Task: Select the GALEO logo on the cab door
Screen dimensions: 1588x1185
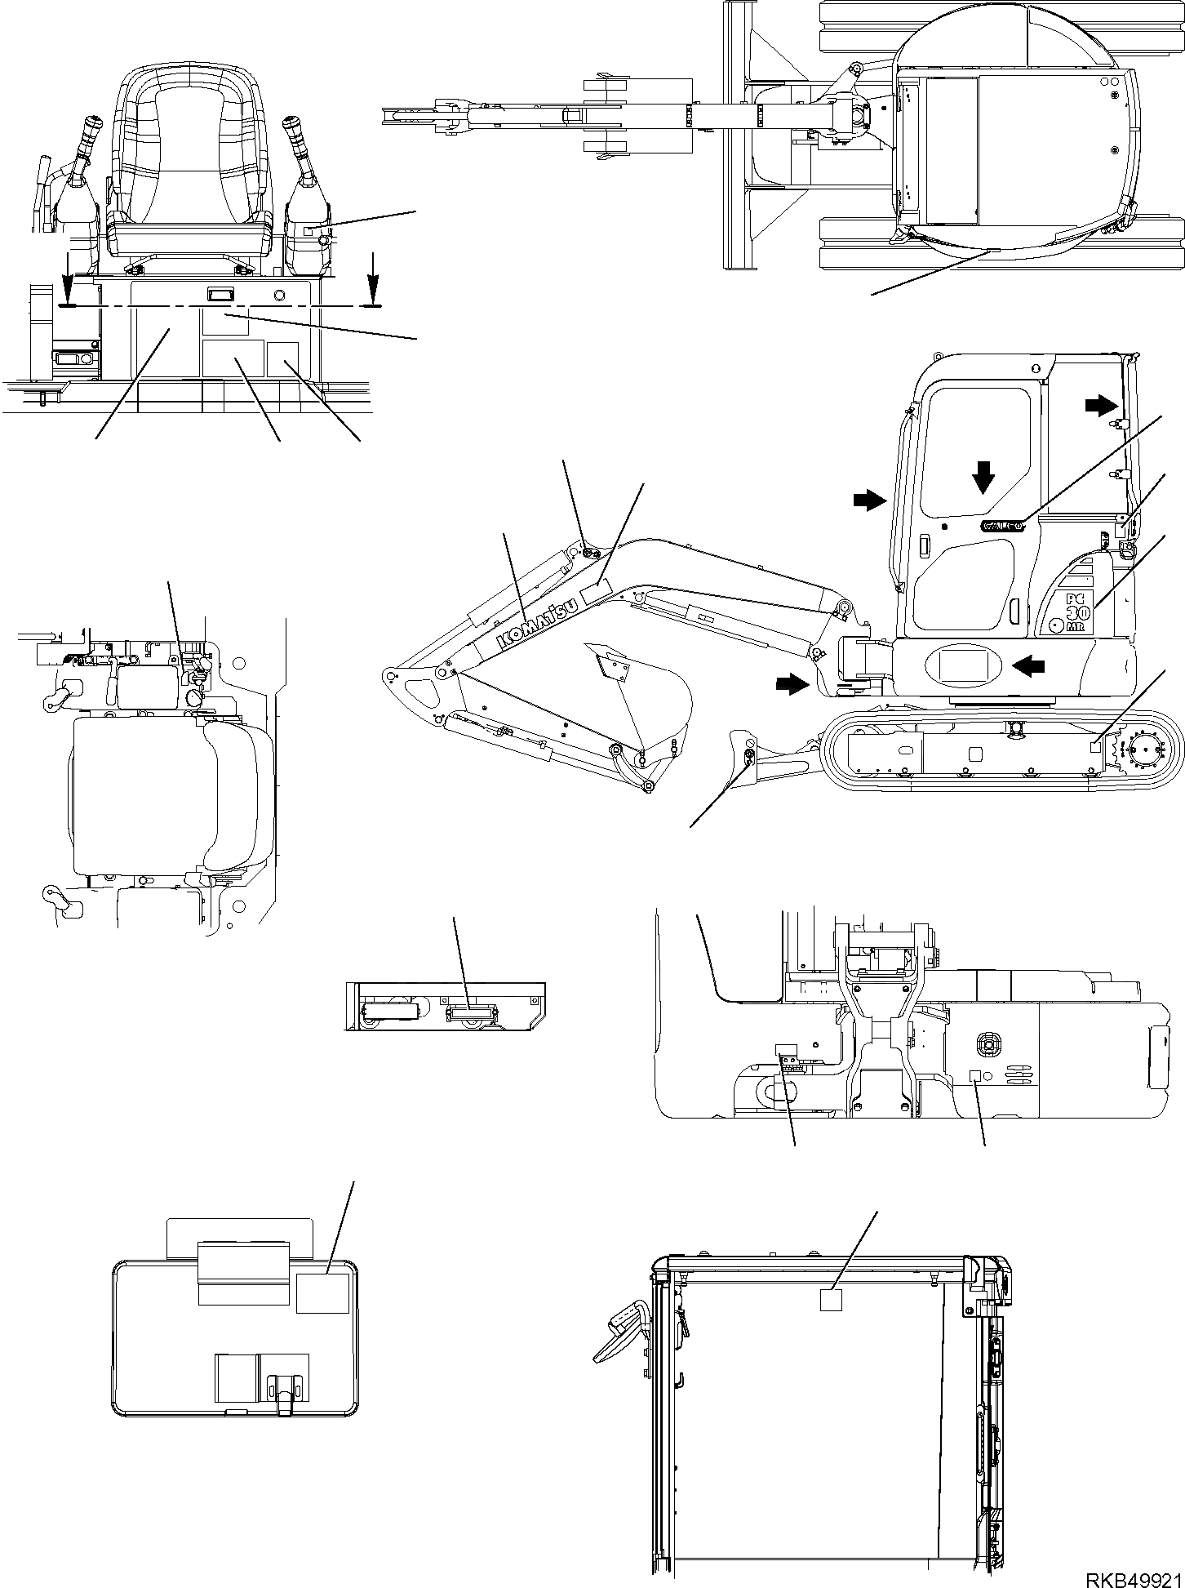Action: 1003,525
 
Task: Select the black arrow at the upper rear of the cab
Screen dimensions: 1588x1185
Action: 1102,402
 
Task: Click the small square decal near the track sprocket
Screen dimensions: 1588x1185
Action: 1098,745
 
